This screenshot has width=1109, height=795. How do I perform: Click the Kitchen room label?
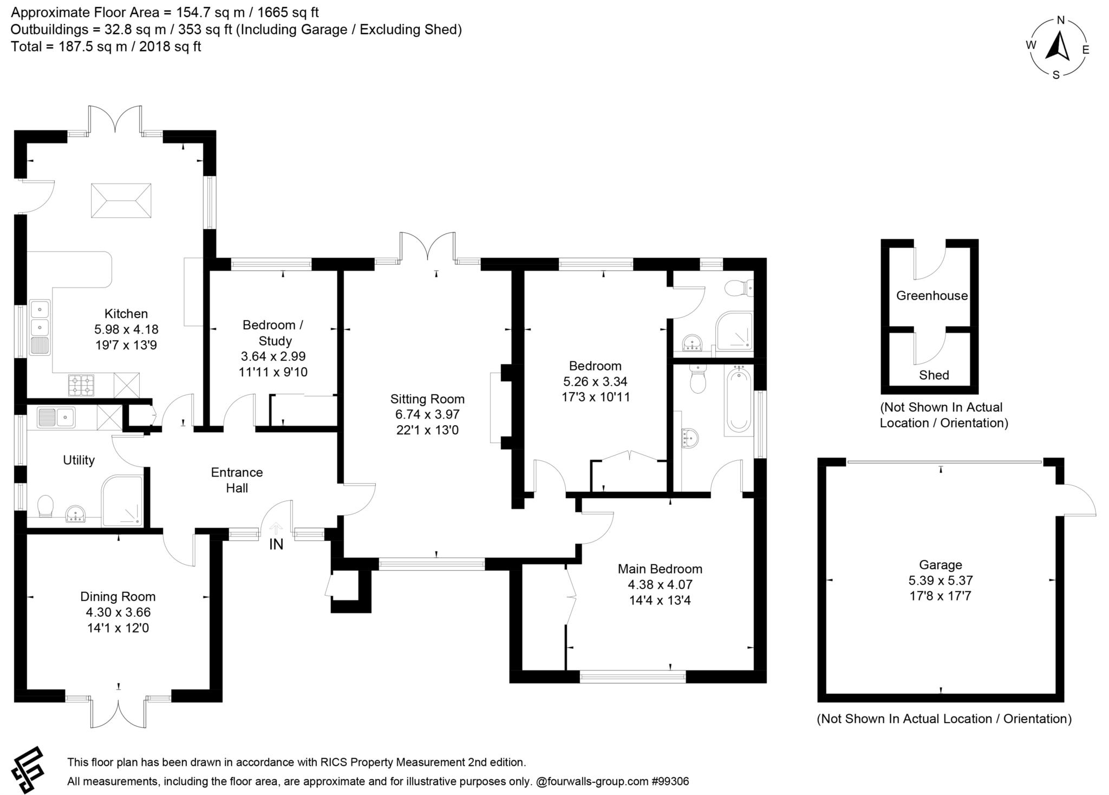click(126, 314)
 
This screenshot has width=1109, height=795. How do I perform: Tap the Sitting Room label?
click(427, 399)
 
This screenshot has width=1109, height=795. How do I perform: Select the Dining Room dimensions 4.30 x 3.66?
click(118, 612)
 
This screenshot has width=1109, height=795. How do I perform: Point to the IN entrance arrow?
click(276, 528)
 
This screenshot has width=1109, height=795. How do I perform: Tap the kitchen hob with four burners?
click(81, 385)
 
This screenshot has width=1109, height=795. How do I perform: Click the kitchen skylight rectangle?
click(121, 200)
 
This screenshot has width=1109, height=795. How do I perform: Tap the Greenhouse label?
click(931, 296)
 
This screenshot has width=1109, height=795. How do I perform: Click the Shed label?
click(934, 375)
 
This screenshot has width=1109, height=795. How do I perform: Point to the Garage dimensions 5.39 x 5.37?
click(941, 581)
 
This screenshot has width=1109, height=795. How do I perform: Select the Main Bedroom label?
click(660, 569)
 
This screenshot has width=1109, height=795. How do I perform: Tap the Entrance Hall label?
click(237, 480)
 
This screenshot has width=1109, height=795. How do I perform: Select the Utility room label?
click(79, 460)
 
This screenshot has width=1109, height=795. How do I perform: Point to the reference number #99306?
click(670, 781)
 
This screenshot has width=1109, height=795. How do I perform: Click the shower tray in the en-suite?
click(734, 330)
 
